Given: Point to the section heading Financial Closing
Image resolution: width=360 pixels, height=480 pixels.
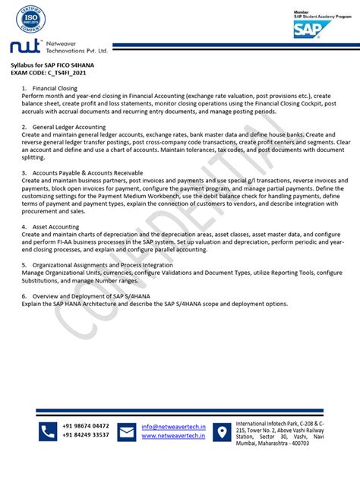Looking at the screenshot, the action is tap(55, 88).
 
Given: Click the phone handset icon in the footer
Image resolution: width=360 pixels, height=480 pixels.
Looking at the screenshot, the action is tap(48, 431).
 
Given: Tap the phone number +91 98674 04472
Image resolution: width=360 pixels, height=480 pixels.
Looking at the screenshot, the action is tap(86, 426).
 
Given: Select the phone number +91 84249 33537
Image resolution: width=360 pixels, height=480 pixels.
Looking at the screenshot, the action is tap(86, 435).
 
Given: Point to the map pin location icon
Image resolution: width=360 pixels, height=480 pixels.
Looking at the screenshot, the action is tap(222, 431).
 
